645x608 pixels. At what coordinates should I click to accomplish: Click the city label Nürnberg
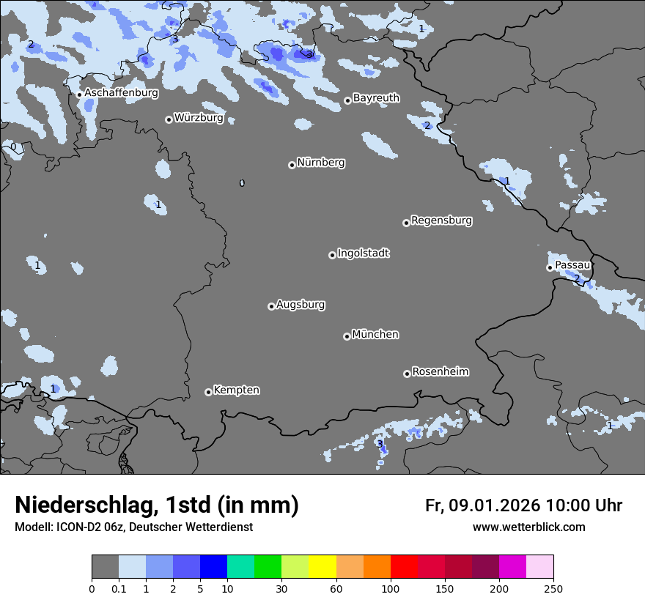coord(320,163)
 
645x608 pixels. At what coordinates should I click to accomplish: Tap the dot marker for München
coord(347,336)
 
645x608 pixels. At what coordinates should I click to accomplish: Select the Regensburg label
coord(441,220)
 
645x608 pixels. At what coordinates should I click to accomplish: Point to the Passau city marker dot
coord(550,267)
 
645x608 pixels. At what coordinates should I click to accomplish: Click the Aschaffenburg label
coord(121,93)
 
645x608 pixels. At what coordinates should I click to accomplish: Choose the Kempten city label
coord(236,390)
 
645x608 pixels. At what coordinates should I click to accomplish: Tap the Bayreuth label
coord(376,98)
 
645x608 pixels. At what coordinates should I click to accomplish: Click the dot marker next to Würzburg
coord(169,119)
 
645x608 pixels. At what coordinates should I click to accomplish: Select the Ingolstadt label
coord(363,253)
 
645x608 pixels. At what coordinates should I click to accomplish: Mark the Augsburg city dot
coord(271,306)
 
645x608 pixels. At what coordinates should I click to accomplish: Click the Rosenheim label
coord(440,372)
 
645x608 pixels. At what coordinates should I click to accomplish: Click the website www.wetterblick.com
coord(528,527)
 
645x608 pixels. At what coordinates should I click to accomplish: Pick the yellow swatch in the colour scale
coord(322,567)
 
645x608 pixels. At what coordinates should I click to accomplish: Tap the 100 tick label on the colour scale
coord(391,587)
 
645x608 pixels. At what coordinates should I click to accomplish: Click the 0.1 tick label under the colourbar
coord(119,587)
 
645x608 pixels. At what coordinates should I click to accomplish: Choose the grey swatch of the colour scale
coord(105,567)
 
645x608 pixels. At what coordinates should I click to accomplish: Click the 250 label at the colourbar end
coord(553,587)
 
